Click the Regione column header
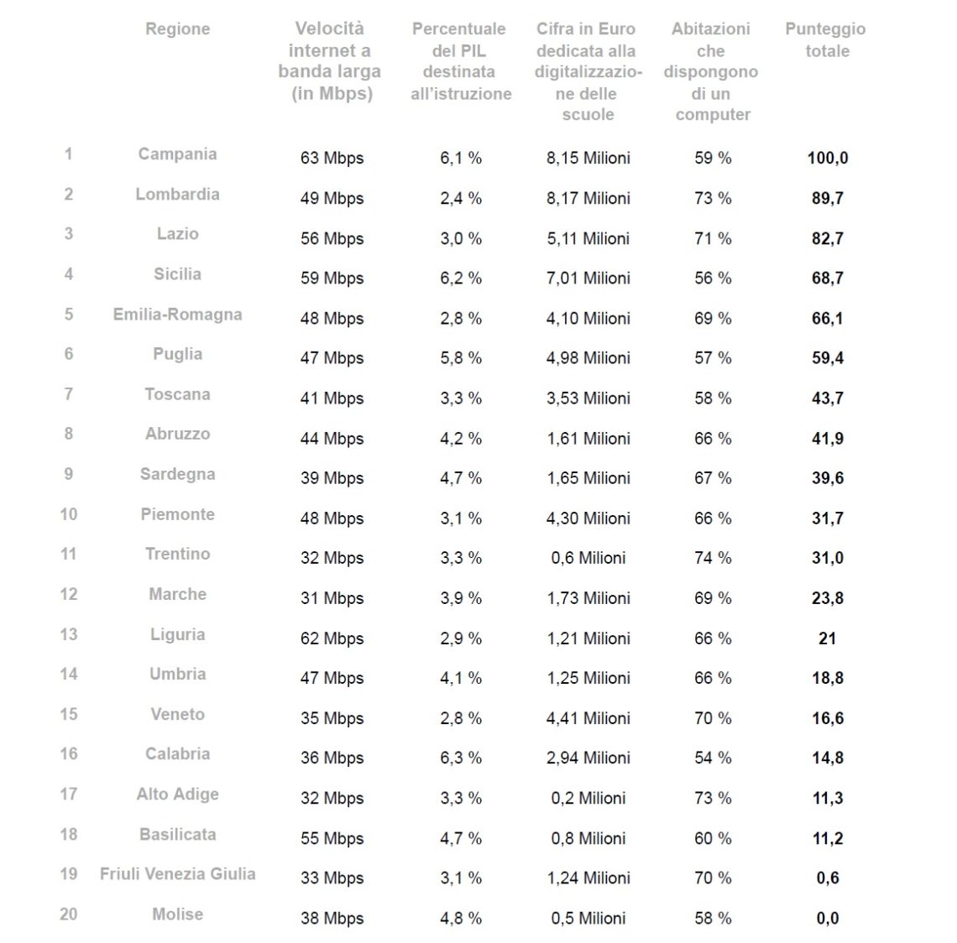click(x=178, y=29)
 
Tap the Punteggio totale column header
click(x=826, y=39)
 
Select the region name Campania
click(x=178, y=154)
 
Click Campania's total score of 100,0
click(x=828, y=158)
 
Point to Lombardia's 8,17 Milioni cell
click(x=588, y=198)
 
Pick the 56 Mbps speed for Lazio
click(x=332, y=238)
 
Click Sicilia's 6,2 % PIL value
click(x=461, y=279)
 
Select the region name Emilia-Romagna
click(x=178, y=315)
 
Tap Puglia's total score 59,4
click(x=828, y=358)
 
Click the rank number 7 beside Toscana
click(x=69, y=394)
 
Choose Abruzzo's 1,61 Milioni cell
click(x=588, y=439)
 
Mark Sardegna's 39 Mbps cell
click(x=332, y=478)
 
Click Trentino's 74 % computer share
click(x=713, y=558)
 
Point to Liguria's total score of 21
click(x=827, y=638)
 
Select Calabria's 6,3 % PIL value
click(x=461, y=758)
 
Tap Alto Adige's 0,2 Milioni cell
click(x=588, y=798)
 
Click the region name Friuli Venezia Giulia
click(x=178, y=874)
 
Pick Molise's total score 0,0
click(x=828, y=918)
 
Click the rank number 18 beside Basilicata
click(x=69, y=834)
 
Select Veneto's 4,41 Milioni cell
click(x=588, y=718)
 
